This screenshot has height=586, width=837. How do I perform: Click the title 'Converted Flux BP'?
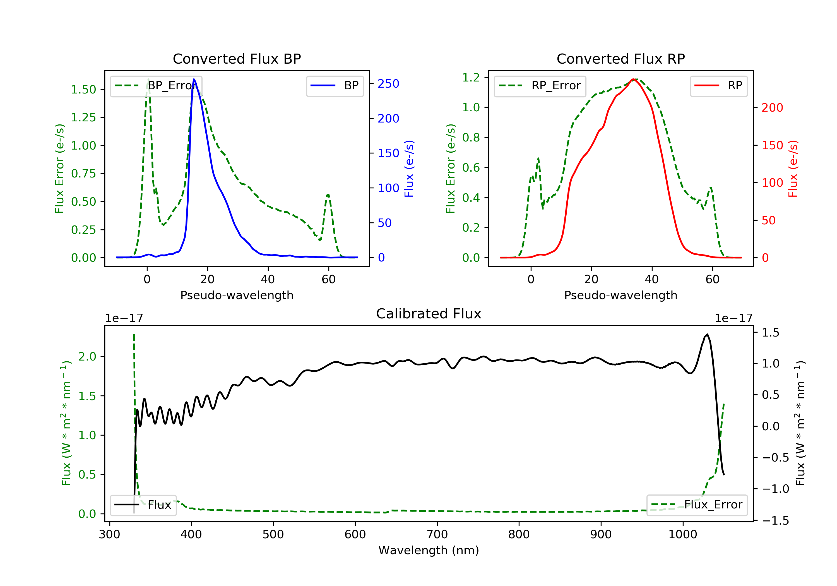pos(237,59)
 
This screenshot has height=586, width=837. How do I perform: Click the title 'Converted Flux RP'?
pos(620,59)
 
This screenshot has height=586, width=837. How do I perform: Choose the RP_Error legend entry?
pos(540,86)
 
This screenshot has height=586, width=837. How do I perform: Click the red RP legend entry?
pos(718,86)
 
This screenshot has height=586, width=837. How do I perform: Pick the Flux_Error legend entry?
pos(697,505)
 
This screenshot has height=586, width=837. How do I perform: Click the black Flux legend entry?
pos(143,505)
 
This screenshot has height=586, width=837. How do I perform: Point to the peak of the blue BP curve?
pos(194,79)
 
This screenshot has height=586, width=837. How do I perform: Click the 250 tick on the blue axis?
pos(388,84)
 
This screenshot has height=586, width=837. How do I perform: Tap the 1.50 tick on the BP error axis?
pos(83,90)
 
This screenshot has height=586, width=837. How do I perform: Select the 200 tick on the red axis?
pos(772,108)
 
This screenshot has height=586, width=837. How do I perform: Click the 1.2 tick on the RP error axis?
pos(471,77)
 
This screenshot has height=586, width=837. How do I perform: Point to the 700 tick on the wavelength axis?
pos(437,535)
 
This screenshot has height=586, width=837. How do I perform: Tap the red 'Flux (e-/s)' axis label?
pos(793,169)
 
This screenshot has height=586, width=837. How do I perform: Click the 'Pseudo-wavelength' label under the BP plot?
pos(237,295)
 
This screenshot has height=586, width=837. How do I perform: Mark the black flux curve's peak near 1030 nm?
pos(707,334)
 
